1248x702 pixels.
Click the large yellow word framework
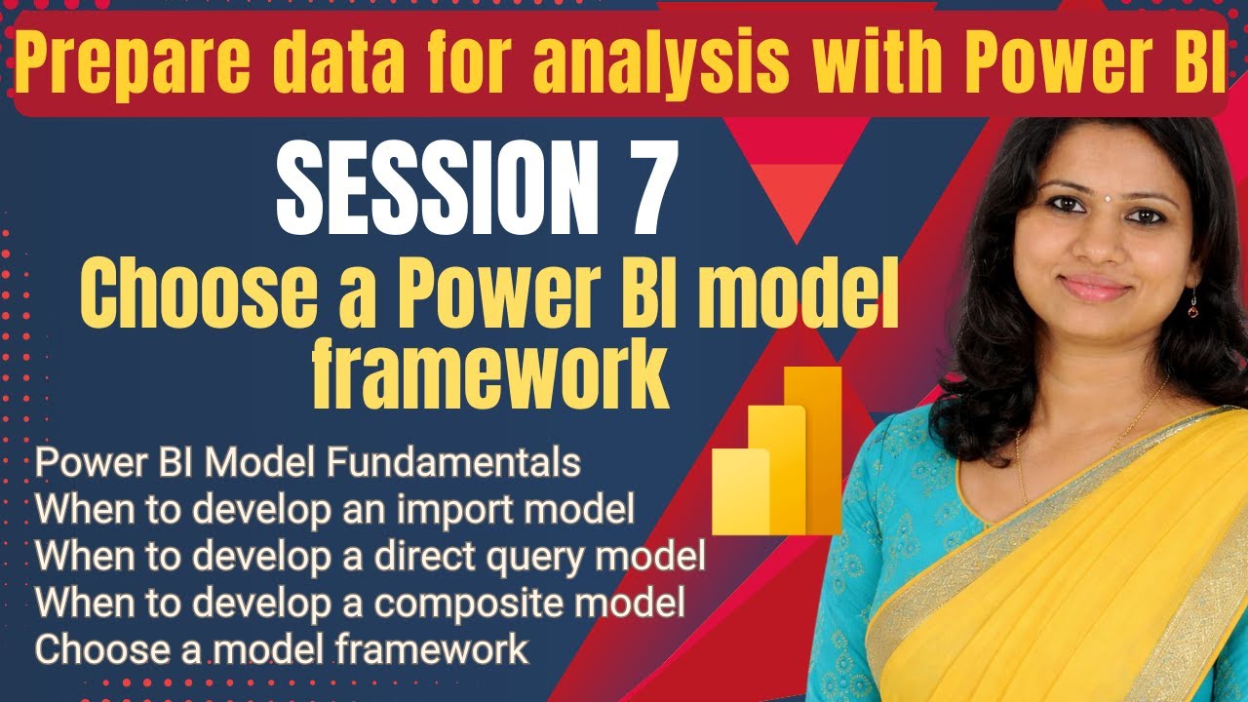(x=489, y=371)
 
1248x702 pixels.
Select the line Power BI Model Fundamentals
(x=307, y=463)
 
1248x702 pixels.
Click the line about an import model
(x=334, y=510)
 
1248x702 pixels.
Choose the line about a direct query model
(x=370, y=557)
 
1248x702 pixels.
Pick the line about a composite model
(x=360, y=604)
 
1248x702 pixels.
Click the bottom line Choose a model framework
(x=282, y=649)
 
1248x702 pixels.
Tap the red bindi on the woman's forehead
(x=1106, y=182)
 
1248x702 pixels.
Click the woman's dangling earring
(x=1192, y=309)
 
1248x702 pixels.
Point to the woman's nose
(x=1102, y=249)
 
